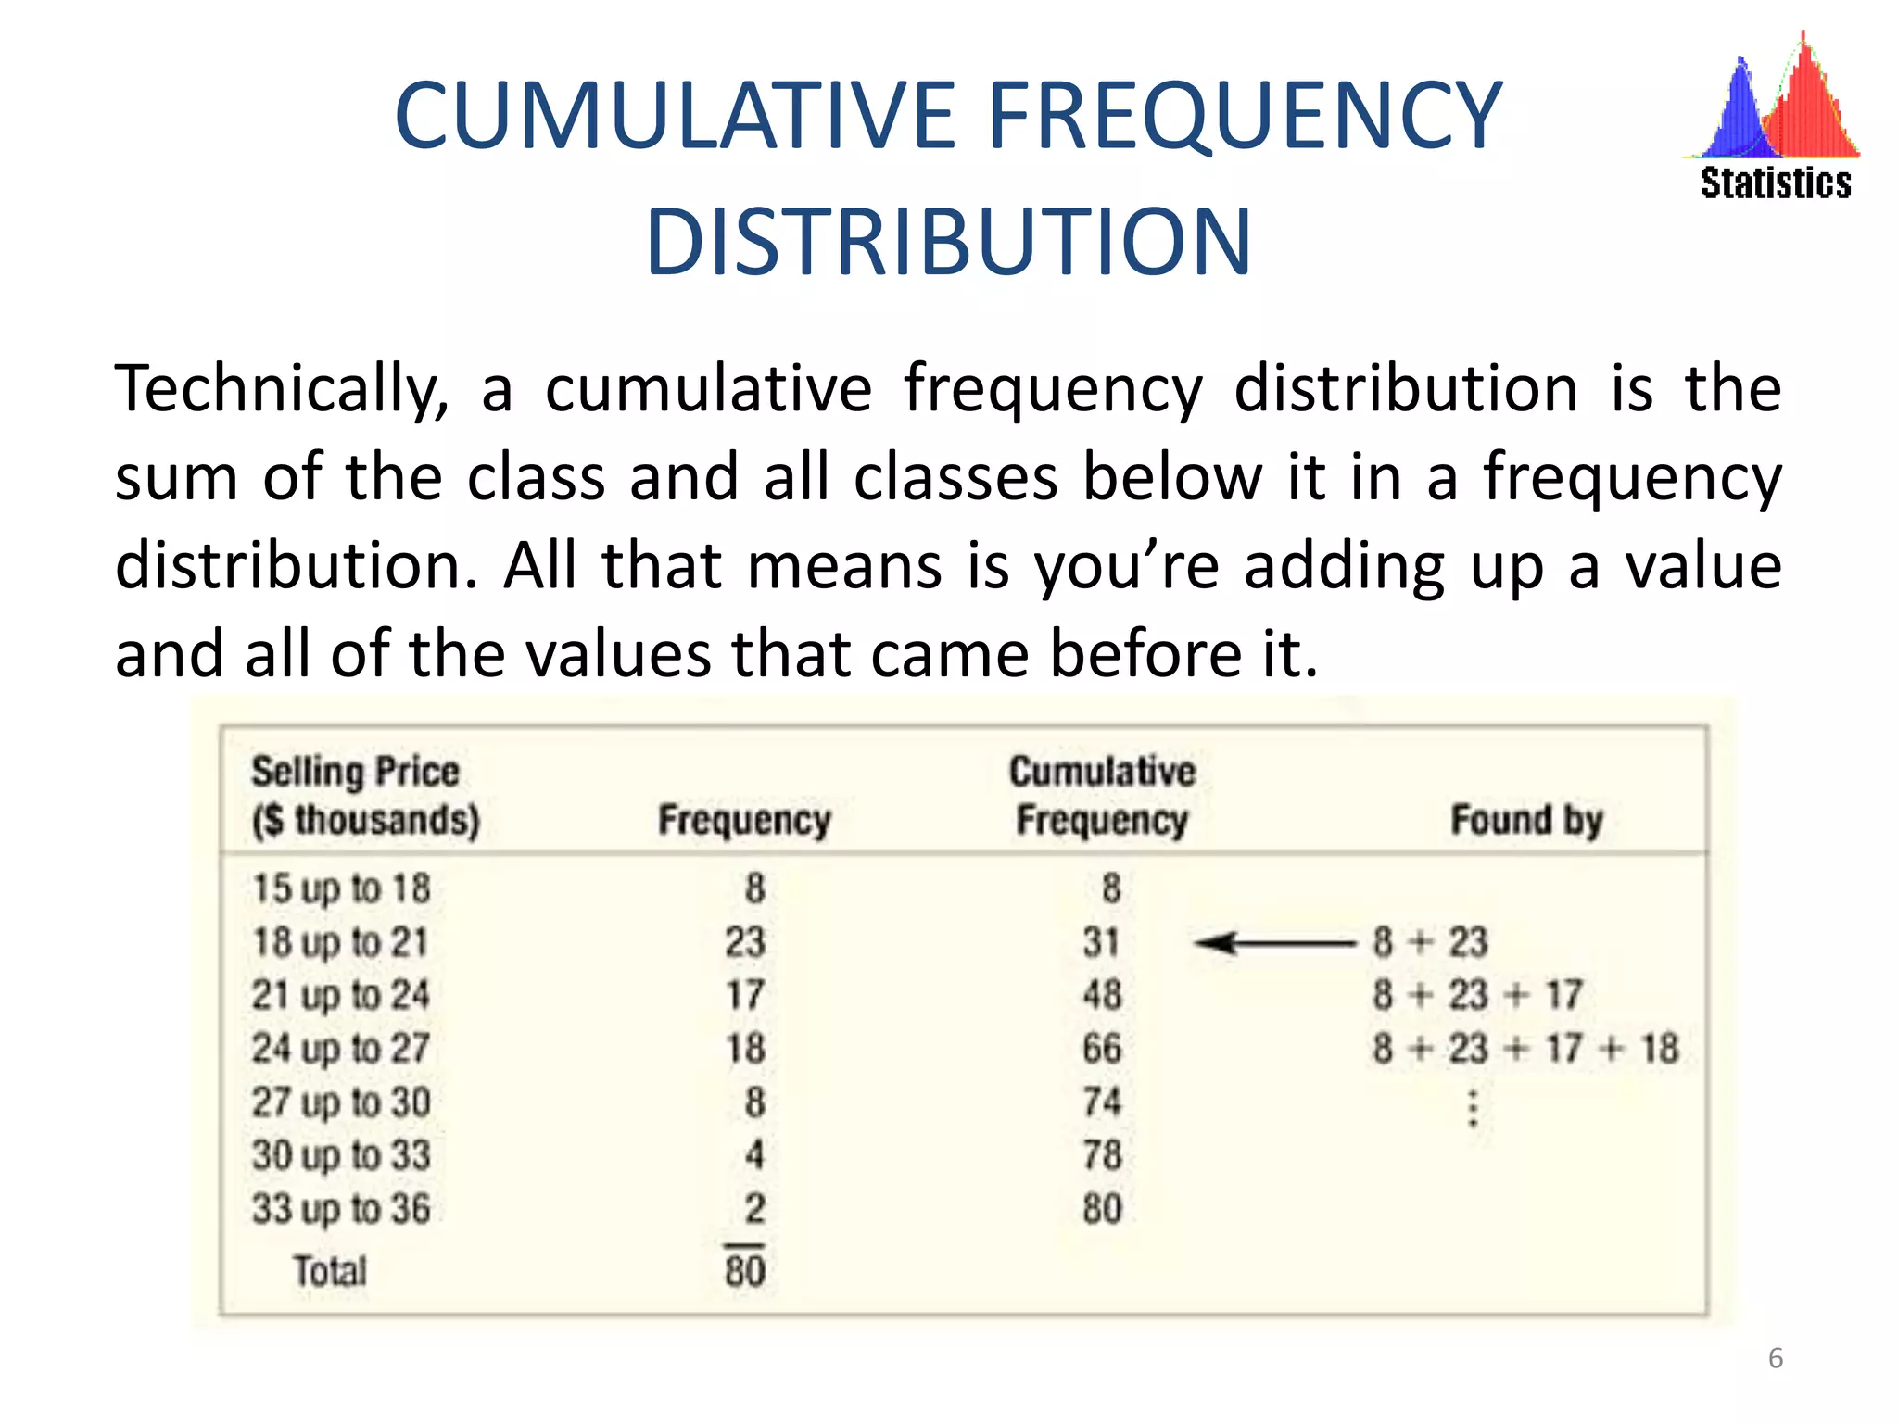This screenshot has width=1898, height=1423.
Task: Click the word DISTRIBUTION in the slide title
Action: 948,243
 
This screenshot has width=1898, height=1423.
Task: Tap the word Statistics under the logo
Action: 1776,183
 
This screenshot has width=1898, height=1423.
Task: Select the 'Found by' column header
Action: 1526,821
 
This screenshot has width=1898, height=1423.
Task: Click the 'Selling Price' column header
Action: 356,772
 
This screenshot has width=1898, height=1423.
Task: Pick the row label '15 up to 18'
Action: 342,888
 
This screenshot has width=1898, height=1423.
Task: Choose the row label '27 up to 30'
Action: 342,1102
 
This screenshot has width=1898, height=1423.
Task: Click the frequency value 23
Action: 745,942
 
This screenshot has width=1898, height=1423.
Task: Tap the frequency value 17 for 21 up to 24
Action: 745,995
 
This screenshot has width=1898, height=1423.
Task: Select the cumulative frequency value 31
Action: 1102,942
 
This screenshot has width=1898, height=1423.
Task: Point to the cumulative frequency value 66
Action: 1102,1049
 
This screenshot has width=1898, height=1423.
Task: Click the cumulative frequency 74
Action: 1102,1102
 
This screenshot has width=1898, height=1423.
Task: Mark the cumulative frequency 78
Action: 1102,1155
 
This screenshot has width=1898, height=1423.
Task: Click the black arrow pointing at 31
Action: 1274,943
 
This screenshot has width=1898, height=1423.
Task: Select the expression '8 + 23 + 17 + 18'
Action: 1525,1049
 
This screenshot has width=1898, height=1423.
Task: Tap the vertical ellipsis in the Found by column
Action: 1473,1109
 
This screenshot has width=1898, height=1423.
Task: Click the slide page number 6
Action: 1776,1358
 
